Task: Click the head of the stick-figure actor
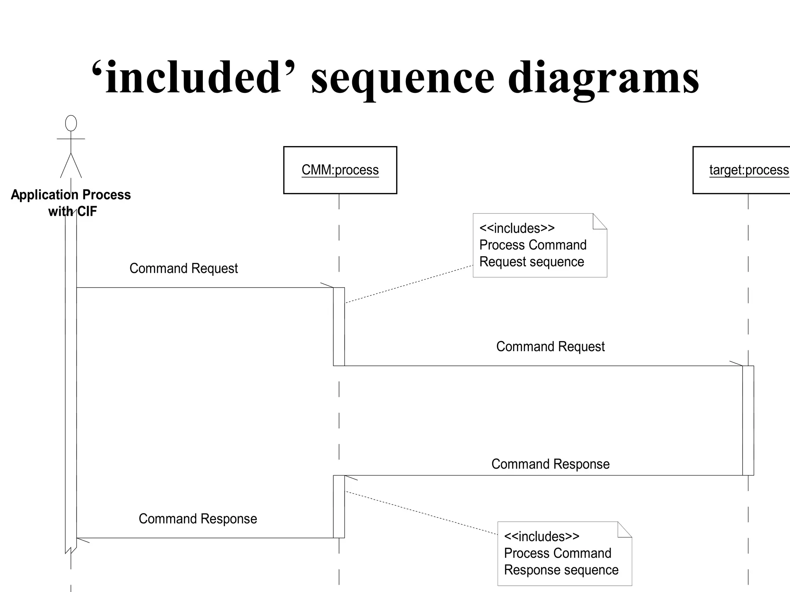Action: click(71, 123)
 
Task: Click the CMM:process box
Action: click(340, 170)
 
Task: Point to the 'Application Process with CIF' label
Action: click(71, 203)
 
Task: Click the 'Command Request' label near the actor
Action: click(184, 268)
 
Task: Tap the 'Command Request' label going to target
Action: click(550, 346)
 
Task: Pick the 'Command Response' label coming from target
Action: click(550, 464)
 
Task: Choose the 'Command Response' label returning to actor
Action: click(197, 519)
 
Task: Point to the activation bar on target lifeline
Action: click(748, 420)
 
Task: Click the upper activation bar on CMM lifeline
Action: click(339, 327)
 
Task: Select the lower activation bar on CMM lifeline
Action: click(339, 506)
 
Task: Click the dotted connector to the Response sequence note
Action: click(420, 513)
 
